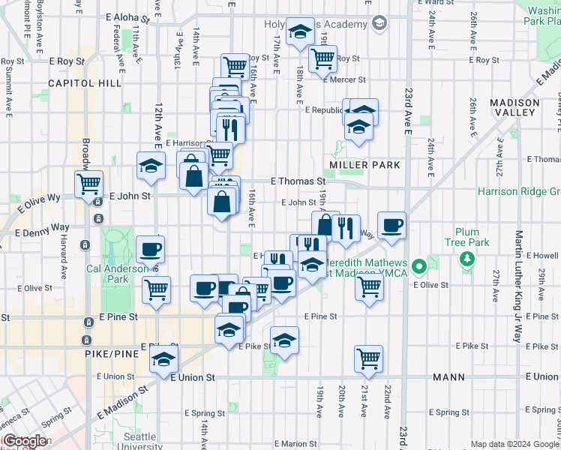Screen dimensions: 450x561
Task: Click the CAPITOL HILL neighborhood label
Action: point(84,82)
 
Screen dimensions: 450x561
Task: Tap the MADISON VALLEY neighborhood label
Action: point(514,107)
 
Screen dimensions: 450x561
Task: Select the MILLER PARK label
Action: point(364,164)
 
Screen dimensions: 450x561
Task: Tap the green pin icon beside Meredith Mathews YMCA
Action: point(419,265)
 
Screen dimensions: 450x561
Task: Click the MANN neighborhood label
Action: point(448,376)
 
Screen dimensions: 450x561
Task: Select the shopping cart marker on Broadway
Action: point(89,184)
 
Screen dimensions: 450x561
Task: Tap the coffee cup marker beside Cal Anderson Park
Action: point(150,249)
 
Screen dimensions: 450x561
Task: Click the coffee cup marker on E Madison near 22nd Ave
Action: point(391,225)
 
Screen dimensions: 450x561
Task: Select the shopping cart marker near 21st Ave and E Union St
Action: point(368,358)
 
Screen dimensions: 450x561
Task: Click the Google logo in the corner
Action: point(25,441)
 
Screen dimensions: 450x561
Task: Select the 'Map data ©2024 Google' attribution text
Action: point(514,444)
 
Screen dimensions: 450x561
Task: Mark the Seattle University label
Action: point(139,441)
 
